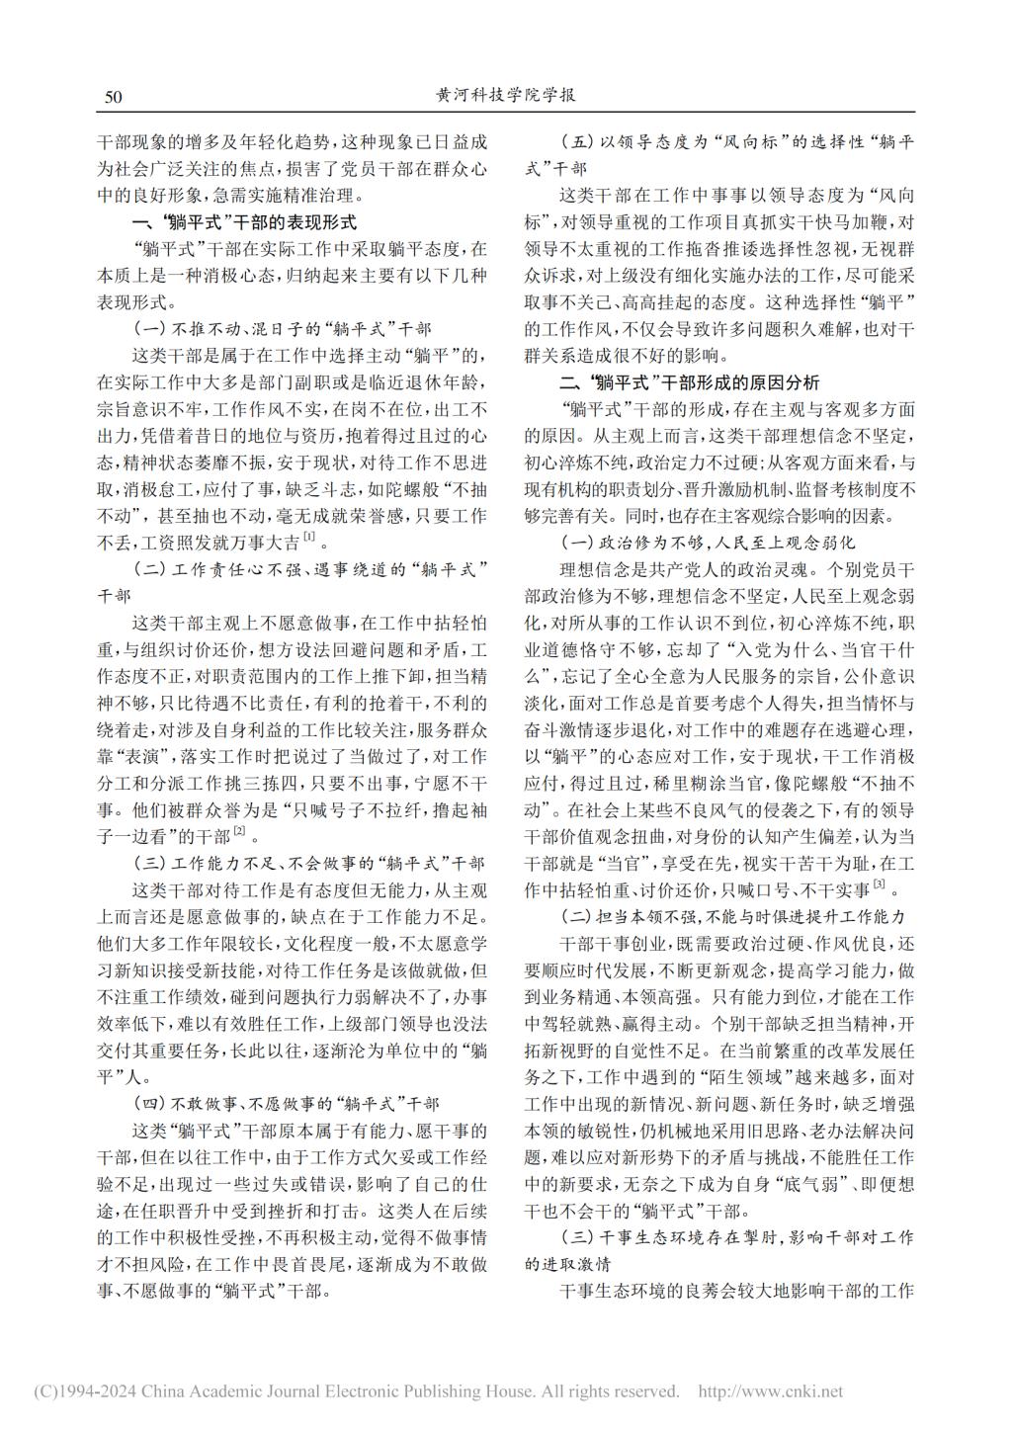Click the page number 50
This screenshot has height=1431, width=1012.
[x=112, y=97]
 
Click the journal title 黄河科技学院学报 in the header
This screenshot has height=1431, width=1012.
[x=505, y=96]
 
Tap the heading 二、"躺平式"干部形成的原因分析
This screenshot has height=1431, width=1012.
[x=689, y=382]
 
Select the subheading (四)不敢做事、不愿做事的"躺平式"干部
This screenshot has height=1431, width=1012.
[x=287, y=1102]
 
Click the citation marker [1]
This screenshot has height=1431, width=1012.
[x=309, y=537]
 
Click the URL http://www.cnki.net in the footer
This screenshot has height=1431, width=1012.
[x=771, y=1391]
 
